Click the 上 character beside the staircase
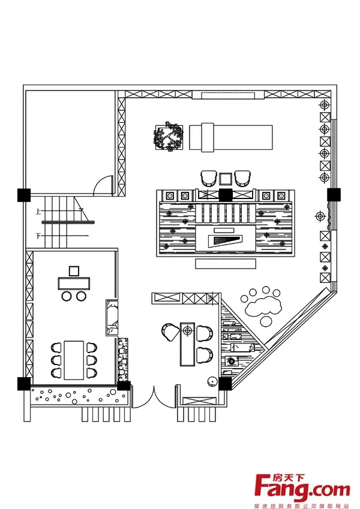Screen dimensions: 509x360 [38, 211]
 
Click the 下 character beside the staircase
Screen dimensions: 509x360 [38, 236]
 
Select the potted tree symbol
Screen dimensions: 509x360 [169, 137]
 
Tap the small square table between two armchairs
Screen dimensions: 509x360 [225, 178]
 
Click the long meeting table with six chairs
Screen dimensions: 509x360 [74, 360]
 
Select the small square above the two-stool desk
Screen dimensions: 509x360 [74, 270]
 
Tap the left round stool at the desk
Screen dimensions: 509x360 [67, 296]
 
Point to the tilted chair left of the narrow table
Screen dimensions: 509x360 [169, 330]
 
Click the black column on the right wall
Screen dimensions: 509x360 [334, 195]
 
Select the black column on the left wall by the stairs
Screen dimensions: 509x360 [23, 195]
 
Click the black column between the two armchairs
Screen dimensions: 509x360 [225, 194]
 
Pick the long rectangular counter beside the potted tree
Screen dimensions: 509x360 [231, 137]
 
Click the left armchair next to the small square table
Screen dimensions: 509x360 [208, 178]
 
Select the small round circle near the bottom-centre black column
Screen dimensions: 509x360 [211, 381]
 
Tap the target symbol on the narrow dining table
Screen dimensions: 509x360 [188, 330]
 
